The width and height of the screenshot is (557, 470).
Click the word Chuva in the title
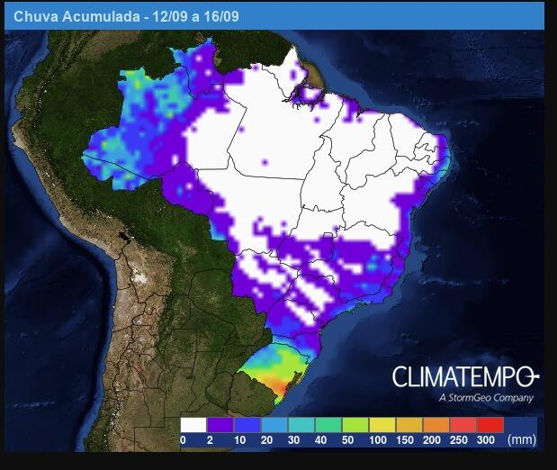32,16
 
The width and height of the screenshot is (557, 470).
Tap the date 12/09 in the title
163,16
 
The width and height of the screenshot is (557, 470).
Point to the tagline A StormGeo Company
485,397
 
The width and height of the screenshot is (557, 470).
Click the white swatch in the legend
193,425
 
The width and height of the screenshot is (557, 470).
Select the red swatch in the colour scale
490,425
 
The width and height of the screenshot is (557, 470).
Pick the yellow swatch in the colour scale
382,425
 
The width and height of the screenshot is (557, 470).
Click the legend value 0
183,440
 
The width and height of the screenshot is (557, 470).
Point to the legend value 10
240,440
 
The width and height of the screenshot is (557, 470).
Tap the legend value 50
348,440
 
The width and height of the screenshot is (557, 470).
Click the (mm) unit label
522,440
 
